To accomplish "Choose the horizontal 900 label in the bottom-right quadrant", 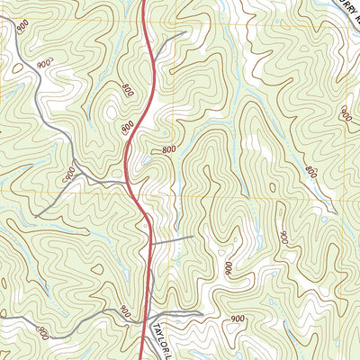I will (238, 319).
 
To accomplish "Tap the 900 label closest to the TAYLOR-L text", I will (125, 312).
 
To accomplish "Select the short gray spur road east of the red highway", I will (175, 239).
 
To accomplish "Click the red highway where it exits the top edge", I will (143, 3).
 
